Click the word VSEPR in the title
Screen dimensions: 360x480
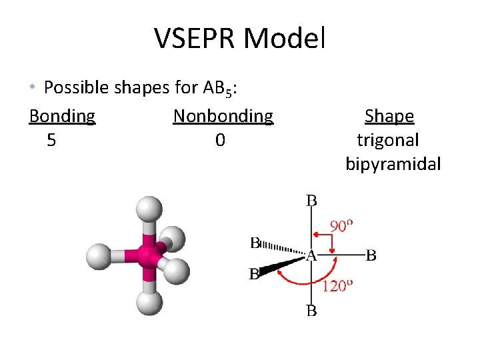pyautogui.click(x=196, y=39)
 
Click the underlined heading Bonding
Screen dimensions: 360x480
pyautogui.click(x=62, y=117)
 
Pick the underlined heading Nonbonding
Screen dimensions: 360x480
pyautogui.click(x=223, y=117)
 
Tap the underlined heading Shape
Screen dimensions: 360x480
pyautogui.click(x=389, y=117)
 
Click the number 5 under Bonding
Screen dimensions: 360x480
pyautogui.click(x=51, y=141)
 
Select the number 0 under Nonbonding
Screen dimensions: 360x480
pyautogui.click(x=220, y=141)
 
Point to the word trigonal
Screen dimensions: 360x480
pyautogui.click(x=388, y=141)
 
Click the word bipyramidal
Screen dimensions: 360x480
pyautogui.click(x=393, y=165)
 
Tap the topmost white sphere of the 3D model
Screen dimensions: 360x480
pyautogui.click(x=149, y=209)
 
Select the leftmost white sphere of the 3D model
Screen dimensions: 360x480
pyautogui.click(x=99, y=255)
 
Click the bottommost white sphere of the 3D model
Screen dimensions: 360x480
pyautogui.click(x=149, y=303)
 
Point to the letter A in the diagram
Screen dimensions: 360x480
pyautogui.click(x=311, y=255)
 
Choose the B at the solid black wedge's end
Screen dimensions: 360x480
pyautogui.click(x=254, y=274)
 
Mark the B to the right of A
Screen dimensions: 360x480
pyautogui.click(x=371, y=255)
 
